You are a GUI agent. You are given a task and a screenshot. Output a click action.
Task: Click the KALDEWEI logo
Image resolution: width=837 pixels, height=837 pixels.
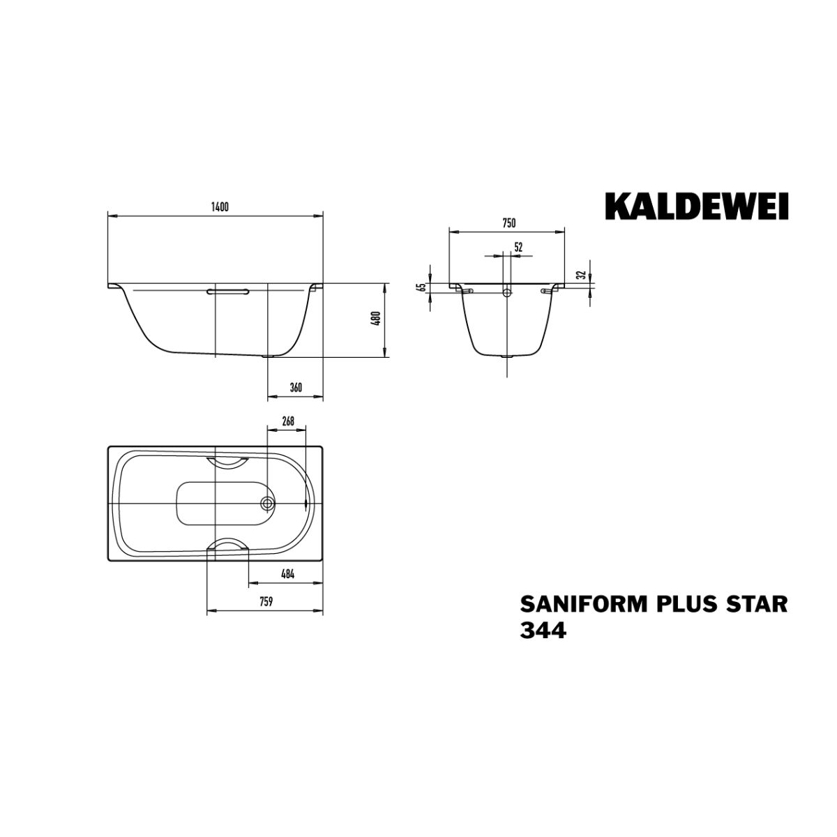(696, 208)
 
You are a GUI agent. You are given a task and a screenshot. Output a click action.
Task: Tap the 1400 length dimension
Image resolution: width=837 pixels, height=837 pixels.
(220, 207)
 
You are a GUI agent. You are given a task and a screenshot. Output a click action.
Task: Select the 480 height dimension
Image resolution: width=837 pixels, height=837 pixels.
(377, 318)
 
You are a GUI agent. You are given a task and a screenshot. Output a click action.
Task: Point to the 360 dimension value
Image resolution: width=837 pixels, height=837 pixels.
(295, 388)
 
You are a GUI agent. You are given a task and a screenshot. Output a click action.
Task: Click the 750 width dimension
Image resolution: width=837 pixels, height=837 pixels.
(508, 224)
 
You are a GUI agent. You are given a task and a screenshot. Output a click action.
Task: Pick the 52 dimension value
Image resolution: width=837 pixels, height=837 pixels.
(518, 248)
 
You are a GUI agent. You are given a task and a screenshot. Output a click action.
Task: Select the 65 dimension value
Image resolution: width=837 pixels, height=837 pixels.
(421, 287)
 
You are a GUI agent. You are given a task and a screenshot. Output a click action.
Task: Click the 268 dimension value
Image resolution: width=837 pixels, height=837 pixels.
(287, 421)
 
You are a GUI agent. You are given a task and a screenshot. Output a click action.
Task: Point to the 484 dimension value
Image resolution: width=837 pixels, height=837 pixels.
(287, 574)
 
